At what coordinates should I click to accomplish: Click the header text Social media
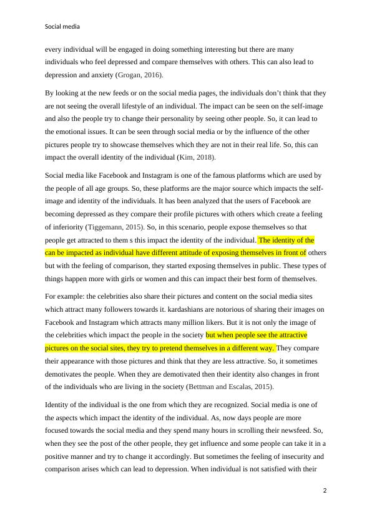(x=62, y=27)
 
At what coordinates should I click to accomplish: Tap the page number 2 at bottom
(x=325, y=490)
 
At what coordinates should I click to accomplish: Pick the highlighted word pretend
(x=174, y=348)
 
